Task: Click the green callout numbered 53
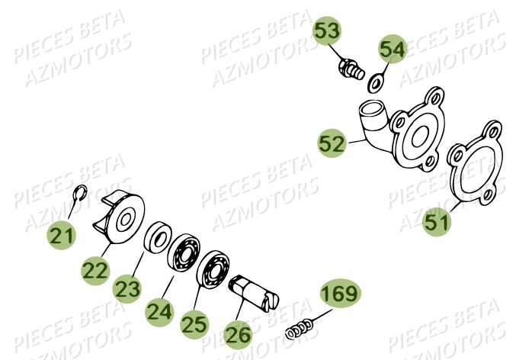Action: (x=329, y=33)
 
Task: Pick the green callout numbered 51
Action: (x=437, y=222)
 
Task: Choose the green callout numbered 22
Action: (x=97, y=270)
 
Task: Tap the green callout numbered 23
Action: (x=128, y=288)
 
